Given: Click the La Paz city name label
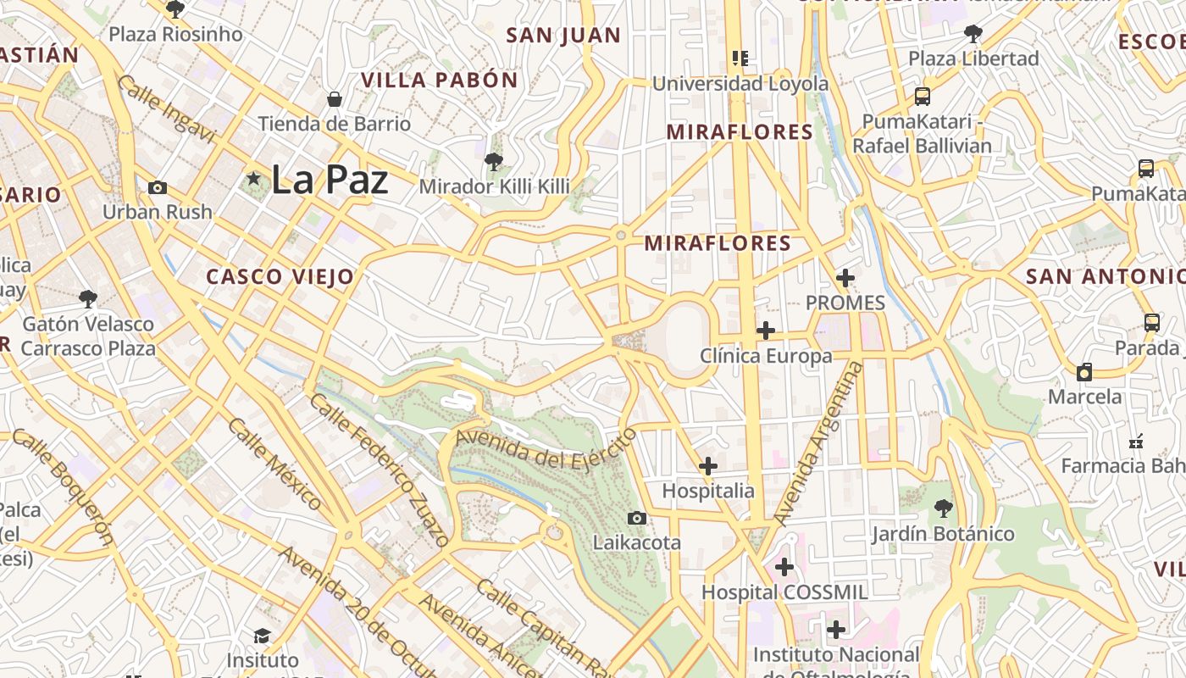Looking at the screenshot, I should click(330, 180).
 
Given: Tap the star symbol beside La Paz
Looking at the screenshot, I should click(253, 179).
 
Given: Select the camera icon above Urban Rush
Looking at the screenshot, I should click(158, 187).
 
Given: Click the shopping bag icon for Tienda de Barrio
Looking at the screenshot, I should click(335, 99).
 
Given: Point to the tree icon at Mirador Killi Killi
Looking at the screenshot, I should click(494, 161).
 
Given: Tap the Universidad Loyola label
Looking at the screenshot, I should click(740, 84).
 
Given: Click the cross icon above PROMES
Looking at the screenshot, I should click(845, 278).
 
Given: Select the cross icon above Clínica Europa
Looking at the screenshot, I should click(766, 331).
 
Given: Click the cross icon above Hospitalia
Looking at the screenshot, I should click(708, 466).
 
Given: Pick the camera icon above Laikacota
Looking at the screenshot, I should click(637, 518).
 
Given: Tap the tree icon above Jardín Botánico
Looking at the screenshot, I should click(943, 509).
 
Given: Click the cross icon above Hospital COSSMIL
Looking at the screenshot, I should click(784, 567).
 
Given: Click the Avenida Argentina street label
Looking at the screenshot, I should click(818, 442).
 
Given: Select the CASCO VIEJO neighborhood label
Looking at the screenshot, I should click(280, 276).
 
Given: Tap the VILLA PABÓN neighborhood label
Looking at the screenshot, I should click(439, 81).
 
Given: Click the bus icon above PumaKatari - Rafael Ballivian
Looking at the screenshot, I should click(922, 97).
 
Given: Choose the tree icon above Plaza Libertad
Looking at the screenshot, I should click(973, 34).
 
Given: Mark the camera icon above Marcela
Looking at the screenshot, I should click(1084, 372).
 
